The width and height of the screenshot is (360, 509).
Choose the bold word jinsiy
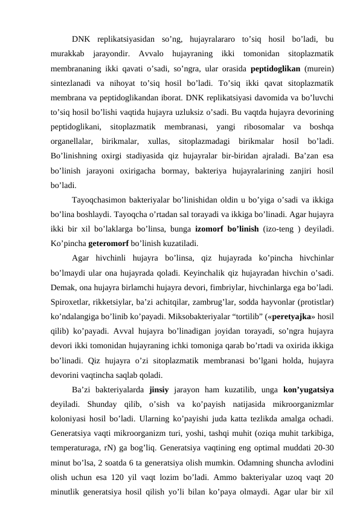tap(159, 404)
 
